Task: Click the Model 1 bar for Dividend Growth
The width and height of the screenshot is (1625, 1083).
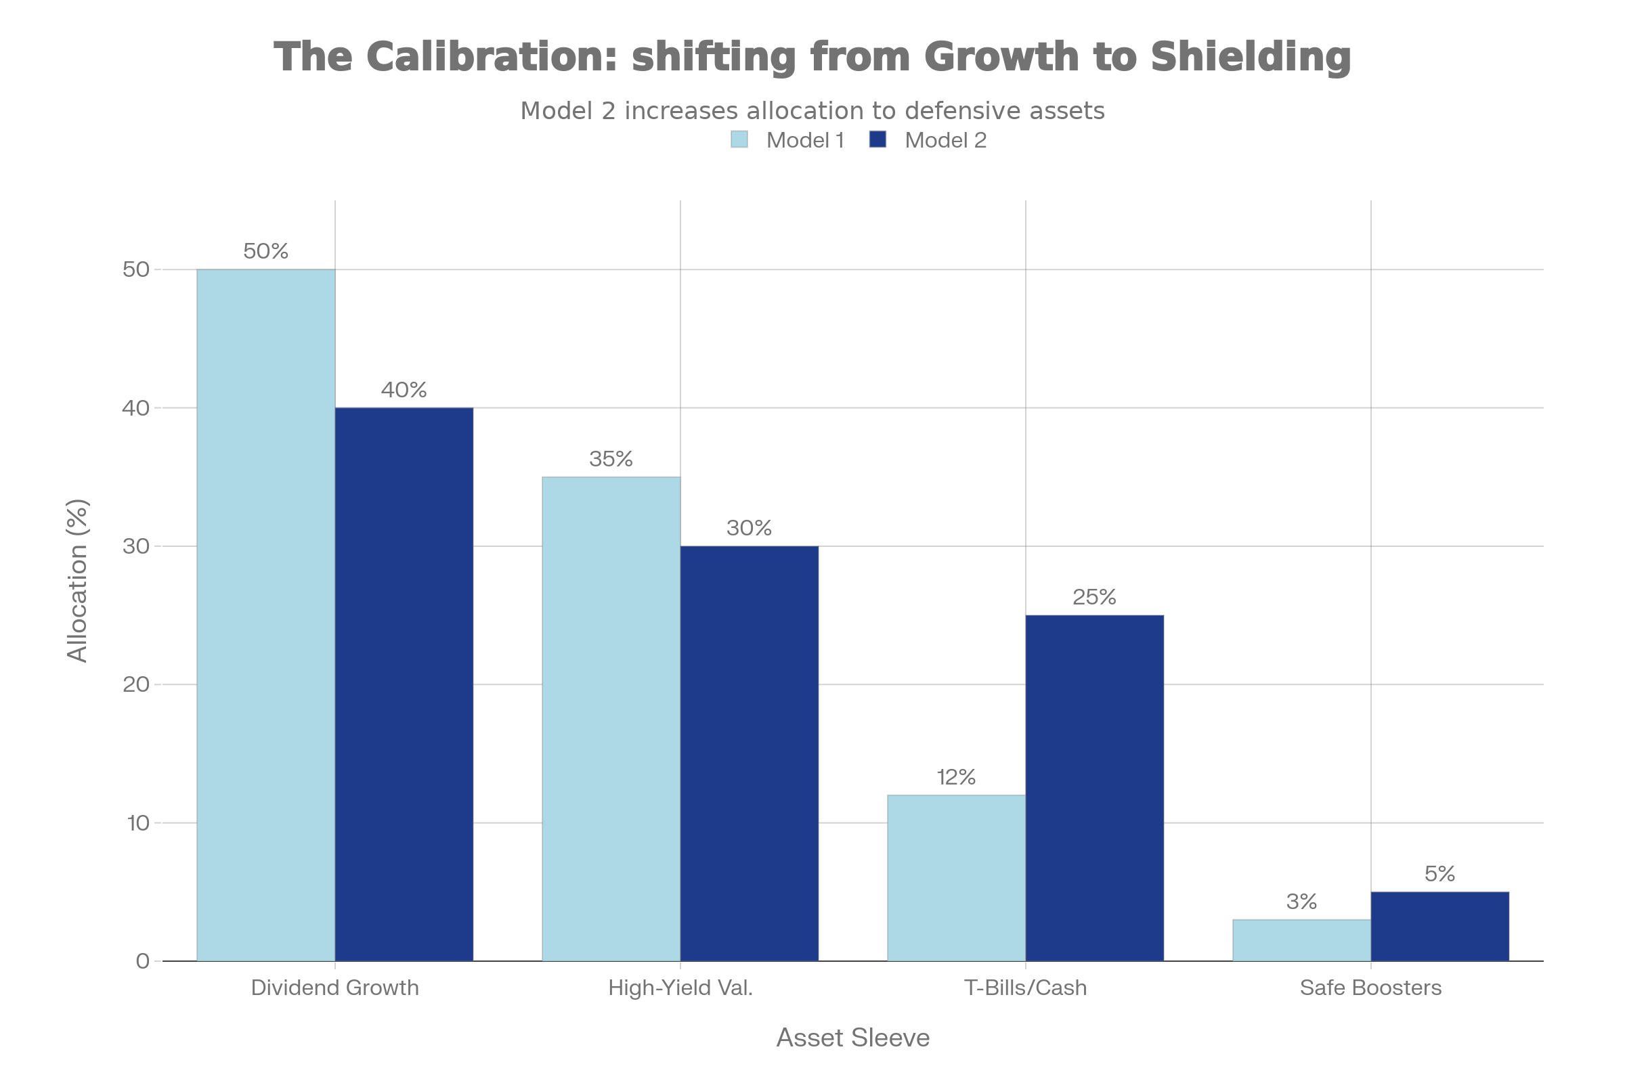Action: (266, 615)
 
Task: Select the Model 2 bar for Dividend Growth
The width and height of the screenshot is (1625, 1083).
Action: (404, 684)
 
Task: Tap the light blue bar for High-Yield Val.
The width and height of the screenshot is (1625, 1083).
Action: (611, 718)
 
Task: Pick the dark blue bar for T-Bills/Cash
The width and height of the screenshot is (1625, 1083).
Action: (1094, 787)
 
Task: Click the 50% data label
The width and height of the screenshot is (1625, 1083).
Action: (266, 251)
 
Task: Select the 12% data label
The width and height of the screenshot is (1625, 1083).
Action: (955, 778)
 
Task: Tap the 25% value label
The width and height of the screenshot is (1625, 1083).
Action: (1093, 597)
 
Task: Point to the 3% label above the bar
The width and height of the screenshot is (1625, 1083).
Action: (1301, 902)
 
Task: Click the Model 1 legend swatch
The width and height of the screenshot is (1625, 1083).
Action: (739, 140)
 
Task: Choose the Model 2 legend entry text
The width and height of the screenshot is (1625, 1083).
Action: (945, 140)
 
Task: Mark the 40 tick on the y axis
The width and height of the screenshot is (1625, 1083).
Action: (136, 407)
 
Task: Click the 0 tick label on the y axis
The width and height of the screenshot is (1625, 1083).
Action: (143, 960)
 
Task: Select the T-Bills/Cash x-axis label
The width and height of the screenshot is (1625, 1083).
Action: (1025, 988)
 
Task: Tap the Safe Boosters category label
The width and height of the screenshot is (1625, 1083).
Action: (1370, 988)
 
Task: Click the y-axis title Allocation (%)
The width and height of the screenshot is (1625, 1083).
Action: (77, 580)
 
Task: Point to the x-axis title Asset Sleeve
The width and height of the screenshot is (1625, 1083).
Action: (852, 1038)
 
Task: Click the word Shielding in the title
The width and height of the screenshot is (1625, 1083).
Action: (1251, 57)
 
